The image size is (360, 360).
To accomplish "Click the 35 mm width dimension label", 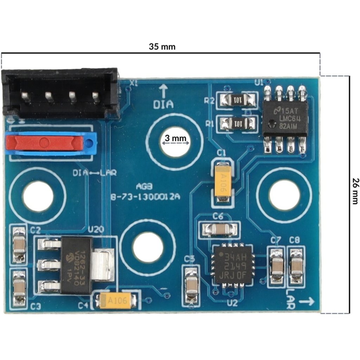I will click(x=162, y=46).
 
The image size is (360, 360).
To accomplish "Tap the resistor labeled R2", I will click(x=237, y=101).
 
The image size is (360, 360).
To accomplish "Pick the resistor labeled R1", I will click(x=237, y=123).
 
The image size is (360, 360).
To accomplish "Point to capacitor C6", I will click(x=219, y=230).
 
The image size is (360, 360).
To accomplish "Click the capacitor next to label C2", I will click(x=19, y=245).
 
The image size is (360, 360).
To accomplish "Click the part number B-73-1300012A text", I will click(x=145, y=197).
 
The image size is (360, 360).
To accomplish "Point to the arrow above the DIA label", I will click(x=163, y=91).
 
